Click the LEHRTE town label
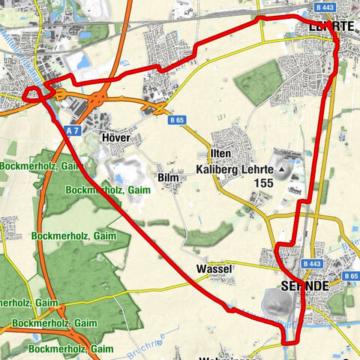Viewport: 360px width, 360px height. [x=331, y=26]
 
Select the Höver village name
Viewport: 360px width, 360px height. [x=118, y=138]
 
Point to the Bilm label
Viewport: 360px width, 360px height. [x=168, y=178]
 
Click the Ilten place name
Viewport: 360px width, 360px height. [x=221, y=154]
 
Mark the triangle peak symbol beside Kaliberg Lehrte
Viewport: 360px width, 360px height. [x=283, y=170]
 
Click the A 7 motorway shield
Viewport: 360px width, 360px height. [x=72, y=130]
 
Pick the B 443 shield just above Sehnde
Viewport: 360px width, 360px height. [x=312, y=264]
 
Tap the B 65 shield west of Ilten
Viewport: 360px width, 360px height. [x=177, y=119]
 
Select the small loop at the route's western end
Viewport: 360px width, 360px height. [x=32, y=94]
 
